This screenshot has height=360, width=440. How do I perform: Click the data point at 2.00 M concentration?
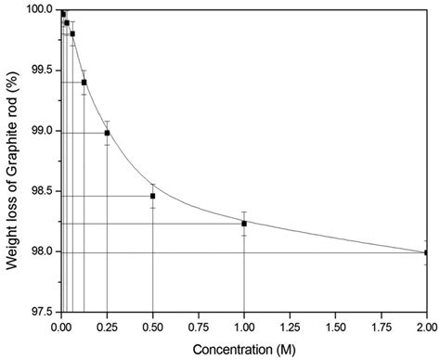426,252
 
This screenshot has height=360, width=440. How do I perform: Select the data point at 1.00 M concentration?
244,224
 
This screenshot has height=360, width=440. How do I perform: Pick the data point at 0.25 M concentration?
107,133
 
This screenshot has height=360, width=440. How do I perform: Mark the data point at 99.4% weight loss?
84,83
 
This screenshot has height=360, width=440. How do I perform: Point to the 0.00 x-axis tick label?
61,328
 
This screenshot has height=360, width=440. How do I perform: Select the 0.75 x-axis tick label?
198,328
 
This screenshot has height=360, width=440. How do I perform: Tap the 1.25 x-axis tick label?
290,328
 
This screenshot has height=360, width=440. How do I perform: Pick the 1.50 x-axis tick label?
335,328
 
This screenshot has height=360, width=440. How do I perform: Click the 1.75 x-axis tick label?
381,328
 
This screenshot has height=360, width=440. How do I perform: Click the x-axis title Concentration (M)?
243,350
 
